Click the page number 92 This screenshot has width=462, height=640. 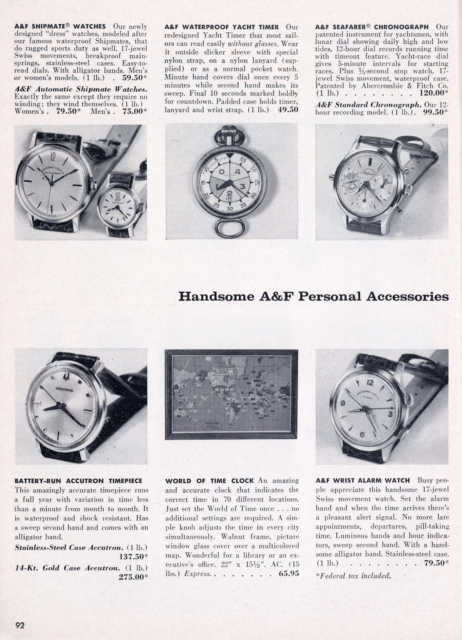[x=20, y=625]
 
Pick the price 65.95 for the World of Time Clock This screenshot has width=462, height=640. [x=285, y=574]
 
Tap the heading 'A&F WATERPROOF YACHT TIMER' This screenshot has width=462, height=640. [x=221, y=27]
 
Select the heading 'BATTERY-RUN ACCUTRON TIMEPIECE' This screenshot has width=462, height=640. [x=78, y=481]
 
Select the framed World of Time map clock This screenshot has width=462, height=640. [x=231, y=394]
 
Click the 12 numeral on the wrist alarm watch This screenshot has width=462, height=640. [x=370, y=383]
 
